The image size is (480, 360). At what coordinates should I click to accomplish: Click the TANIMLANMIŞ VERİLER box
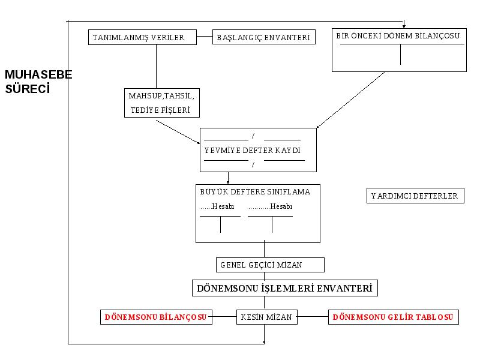tap(142, 37)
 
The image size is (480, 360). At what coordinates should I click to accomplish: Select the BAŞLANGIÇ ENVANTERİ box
tap(264, 37)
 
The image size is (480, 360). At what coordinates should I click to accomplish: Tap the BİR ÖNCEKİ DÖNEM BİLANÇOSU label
tap(398, 36)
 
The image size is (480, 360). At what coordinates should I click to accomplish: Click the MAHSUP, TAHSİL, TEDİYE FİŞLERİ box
tap(162, 103)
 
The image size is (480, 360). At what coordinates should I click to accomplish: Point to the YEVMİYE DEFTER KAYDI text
tap(253, 151)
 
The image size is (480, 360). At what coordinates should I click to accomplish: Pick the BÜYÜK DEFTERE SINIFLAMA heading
tap(255, 192)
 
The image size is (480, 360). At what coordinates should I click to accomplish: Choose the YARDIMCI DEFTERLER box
tap(415, 196)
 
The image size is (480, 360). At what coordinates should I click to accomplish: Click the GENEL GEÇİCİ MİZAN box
tap(270, 265)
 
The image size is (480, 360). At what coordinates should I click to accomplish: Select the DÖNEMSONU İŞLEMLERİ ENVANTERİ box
tap(284, 288)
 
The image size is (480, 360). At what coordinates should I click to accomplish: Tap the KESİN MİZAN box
tap(266, 317)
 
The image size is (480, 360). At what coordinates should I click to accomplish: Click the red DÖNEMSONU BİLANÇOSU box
tap(156, 317)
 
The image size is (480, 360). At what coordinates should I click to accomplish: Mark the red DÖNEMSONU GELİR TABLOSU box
tap(394, 317)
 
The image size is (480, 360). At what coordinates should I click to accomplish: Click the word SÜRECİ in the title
tap(28, 89)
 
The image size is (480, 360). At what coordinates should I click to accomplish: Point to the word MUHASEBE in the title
tap(38, 74)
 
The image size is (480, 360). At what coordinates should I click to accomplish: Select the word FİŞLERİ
tap(175, 110)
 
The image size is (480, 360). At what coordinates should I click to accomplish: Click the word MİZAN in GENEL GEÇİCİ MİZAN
tap(289, 265)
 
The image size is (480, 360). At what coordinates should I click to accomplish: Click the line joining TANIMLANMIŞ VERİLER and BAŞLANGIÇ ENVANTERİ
tap(205, 36)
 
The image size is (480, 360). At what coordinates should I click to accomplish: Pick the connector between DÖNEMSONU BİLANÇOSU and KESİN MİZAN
tap(224, 317)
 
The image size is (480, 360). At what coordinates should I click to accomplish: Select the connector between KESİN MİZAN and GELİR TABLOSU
tap(313, 317)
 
